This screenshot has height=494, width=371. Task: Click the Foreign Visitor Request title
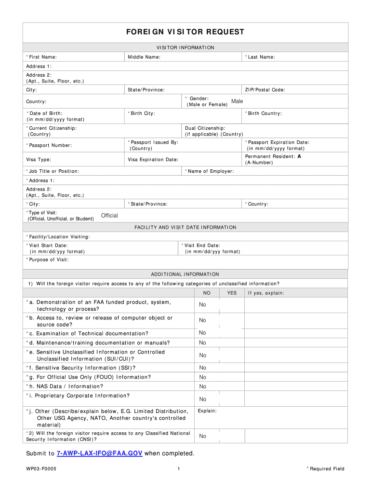(x=185, y=32)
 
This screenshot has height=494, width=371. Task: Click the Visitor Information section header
(x=185, y=48)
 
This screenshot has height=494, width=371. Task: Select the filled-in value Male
(x=237, y=101)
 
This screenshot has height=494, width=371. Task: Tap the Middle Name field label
(x=144, y=57)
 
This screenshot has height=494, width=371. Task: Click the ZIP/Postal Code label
(x=265, y=90)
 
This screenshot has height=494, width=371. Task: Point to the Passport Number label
(x=49, y=145)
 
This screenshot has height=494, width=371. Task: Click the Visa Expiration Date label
(x=153, y=160)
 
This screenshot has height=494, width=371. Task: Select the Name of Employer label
(x=209, y=171)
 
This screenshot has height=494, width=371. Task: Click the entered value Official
(x=109, y=216)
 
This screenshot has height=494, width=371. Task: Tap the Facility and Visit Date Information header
(x=185, y=227)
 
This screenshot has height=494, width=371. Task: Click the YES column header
(x=232, y=293)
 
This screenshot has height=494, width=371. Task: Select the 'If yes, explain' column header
(x=266, y=293)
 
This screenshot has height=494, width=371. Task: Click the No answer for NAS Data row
(x=202, y=386)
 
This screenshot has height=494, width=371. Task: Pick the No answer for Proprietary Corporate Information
(x=202, y=399)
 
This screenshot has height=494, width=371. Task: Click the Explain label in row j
(x=207, y=411)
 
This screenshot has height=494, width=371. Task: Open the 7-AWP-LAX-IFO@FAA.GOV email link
(x=99, y=453)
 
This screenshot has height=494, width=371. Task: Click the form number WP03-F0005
(x=41, y=469)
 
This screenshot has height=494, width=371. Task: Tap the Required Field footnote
(x=326, y=469)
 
